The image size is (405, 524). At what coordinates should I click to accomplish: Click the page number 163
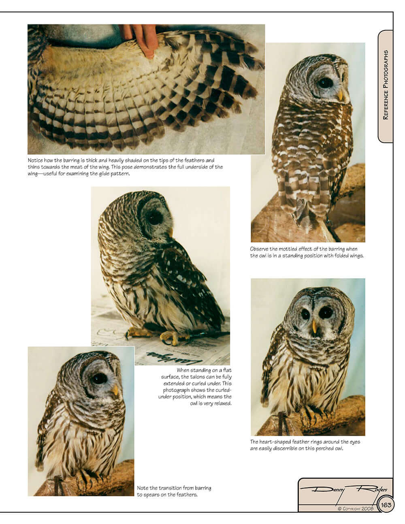[386, 505]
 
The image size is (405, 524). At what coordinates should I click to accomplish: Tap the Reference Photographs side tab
[386, 85]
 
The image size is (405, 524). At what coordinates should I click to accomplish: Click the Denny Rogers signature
[344, 490]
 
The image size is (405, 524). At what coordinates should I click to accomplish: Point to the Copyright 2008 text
[356, 509]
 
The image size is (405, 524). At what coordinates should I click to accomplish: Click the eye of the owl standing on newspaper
[155, 217]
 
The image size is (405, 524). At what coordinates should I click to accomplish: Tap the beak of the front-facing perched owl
[314, 326]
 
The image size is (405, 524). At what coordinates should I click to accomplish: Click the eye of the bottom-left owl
[99, 378]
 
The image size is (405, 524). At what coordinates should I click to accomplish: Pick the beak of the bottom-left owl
[115, 390]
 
